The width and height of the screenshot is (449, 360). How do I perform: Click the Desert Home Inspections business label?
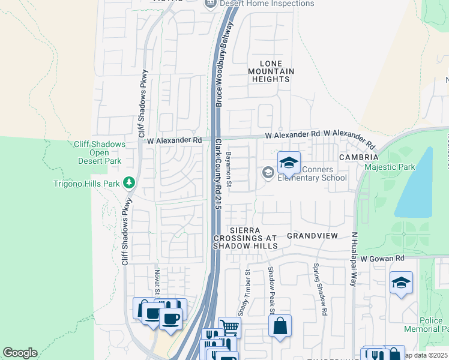click(267, 4)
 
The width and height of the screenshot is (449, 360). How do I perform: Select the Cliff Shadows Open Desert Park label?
click(100, 152)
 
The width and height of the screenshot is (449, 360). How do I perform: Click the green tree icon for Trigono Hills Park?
click(128, 182)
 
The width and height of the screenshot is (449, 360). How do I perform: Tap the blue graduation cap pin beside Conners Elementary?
click(289, 163)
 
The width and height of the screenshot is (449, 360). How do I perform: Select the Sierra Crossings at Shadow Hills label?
click(246, 238)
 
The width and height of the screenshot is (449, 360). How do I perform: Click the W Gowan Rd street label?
click(383, 257)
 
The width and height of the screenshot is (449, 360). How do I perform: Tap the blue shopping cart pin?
click(229, 327)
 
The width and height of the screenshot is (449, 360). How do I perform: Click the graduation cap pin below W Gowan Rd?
click(401, 283)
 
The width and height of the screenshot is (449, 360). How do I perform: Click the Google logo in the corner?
click(20, 353)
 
